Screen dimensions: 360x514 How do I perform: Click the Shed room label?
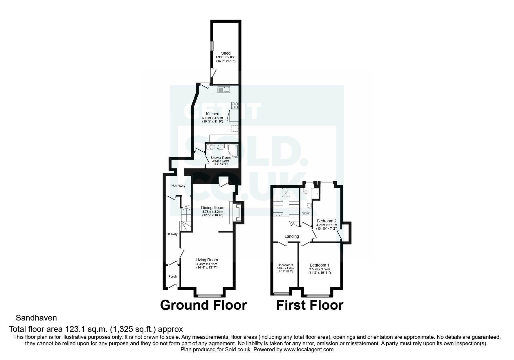click(226, 53)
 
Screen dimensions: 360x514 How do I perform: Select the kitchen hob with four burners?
click(235, 105)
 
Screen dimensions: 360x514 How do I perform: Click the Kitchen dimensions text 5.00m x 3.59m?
click(212, 118)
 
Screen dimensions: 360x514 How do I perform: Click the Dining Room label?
click(213, 208)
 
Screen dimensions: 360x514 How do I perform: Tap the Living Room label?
click(207, 260)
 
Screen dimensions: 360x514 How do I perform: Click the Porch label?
click(172, 276)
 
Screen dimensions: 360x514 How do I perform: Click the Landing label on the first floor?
click(291, 236)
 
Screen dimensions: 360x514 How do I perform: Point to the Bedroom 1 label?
click(319, 265)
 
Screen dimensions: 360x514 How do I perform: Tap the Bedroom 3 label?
click(285, 265)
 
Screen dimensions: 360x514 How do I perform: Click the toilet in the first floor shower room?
click(305, 191)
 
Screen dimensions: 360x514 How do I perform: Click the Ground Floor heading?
click(203, 305)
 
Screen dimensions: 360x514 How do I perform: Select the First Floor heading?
click(310, 305)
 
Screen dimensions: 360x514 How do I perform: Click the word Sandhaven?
click(36, 318)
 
